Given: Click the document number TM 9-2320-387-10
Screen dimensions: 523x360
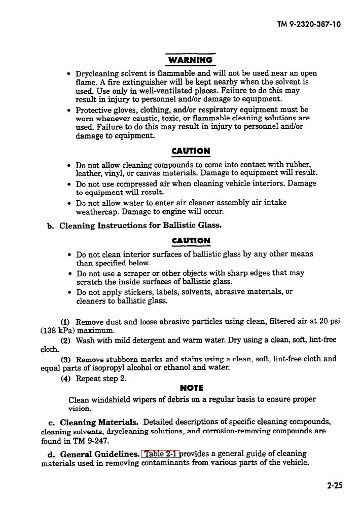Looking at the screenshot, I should tap(309, 24).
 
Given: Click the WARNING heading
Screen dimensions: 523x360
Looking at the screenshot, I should tap(190, 60).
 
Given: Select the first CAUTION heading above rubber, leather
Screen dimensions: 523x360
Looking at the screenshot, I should tap(191, 151).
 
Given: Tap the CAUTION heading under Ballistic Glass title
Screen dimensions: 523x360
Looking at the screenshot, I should tap(191, 241).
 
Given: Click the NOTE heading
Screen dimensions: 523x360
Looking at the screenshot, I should tap(191, 388).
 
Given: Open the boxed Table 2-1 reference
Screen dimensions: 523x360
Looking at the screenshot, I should tap(161, 454).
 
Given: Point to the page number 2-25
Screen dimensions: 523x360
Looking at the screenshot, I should tap(335, 485).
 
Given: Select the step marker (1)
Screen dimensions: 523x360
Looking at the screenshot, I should tap(65, 322).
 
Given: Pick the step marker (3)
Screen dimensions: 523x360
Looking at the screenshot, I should tap(65, 359).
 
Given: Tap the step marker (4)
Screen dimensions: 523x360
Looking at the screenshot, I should tap(65, 379).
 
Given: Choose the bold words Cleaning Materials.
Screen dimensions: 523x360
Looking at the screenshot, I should tap(99, 422).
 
